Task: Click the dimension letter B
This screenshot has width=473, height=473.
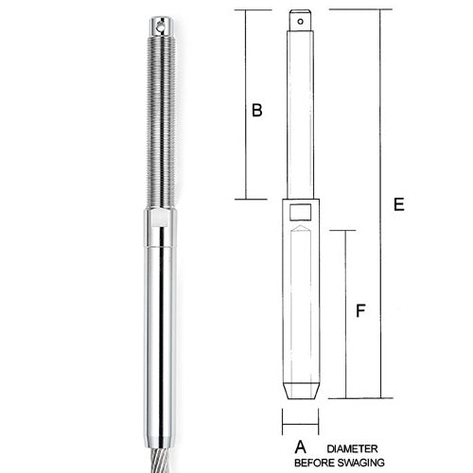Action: [255, 111]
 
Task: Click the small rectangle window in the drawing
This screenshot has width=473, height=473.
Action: [300, 212]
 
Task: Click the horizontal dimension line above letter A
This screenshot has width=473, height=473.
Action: [300, 422]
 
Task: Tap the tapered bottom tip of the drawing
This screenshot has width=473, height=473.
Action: [300, 391]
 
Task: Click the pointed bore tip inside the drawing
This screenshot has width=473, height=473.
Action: [300, 231]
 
